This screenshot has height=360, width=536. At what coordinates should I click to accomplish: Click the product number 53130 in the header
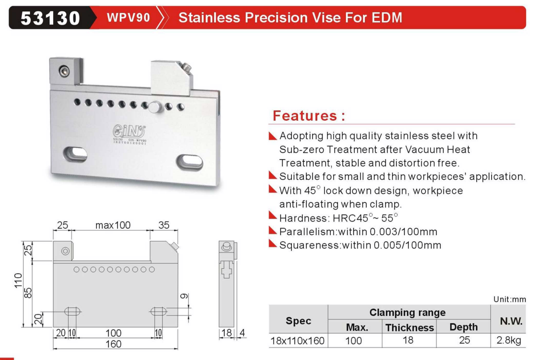[50, 18]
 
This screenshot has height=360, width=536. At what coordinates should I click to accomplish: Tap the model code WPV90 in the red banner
[128, 17]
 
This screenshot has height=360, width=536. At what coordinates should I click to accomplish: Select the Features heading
[309, 115]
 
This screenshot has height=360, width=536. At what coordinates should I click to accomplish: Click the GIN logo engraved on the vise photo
[129, 131]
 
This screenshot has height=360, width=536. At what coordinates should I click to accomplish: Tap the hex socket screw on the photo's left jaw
[64, 72]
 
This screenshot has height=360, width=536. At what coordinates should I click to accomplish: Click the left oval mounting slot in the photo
[75, 154]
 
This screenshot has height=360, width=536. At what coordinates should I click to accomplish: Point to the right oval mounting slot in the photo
[189, 162]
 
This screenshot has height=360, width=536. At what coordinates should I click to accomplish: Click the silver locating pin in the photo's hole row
[154, 107]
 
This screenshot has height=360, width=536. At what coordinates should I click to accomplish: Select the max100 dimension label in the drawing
[113, 225]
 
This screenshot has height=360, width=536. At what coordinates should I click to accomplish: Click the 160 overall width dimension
[113, 344]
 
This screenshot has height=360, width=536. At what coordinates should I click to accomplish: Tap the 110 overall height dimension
[18, 280]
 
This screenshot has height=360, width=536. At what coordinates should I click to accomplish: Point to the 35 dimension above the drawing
[164, 225]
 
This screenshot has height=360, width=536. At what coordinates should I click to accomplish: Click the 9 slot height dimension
[184, 296]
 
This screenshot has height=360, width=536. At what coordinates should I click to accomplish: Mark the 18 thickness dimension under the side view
[226, 333]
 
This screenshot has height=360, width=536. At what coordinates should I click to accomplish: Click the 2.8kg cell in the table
[509, 340]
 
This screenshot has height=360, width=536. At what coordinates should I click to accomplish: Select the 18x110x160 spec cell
[297, 341]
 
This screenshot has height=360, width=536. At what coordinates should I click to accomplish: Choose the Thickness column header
[410, 327]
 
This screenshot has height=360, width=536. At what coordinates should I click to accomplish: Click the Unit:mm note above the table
[509, 299]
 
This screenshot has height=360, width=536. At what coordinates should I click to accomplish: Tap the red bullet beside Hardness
[273, 216]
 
